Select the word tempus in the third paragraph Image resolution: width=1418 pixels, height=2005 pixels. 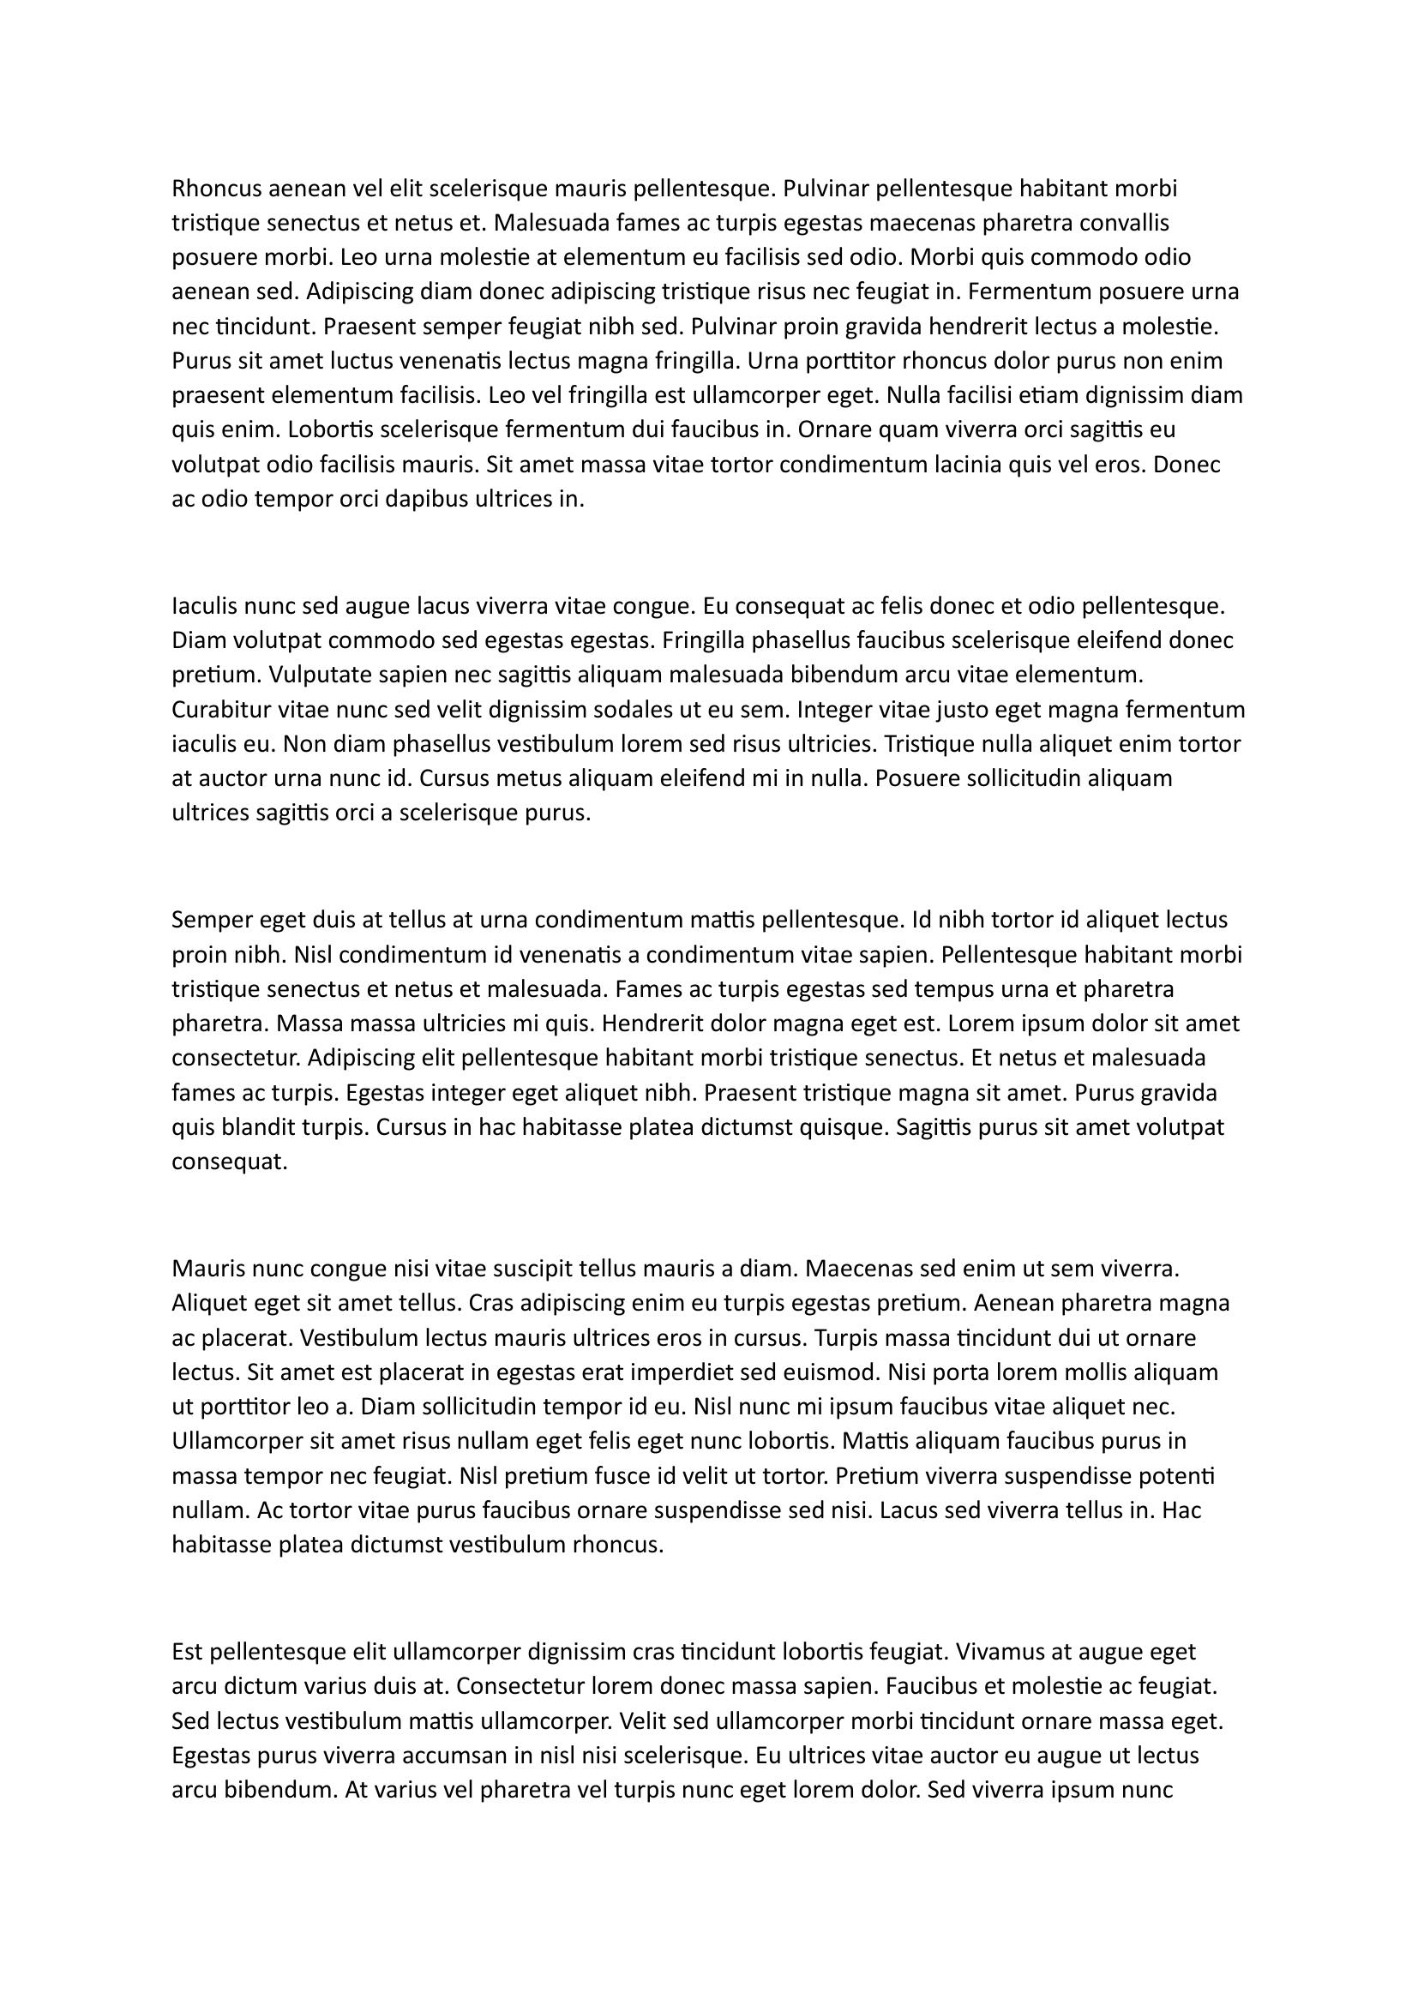(x=962, y=989)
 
